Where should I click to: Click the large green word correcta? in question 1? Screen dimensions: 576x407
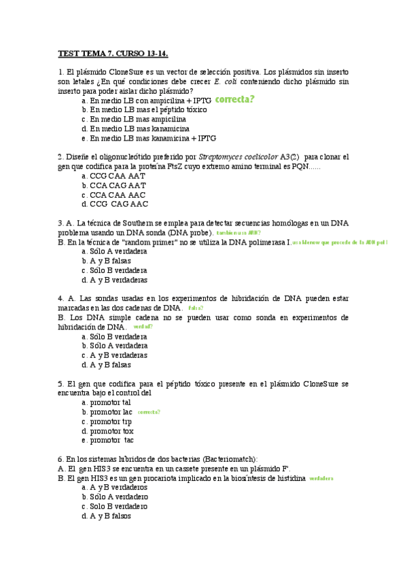(x=234, y=100)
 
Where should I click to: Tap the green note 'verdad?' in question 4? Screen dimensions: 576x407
(x=143, y=327)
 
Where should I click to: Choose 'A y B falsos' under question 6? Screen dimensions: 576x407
(x=111, y=516)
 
